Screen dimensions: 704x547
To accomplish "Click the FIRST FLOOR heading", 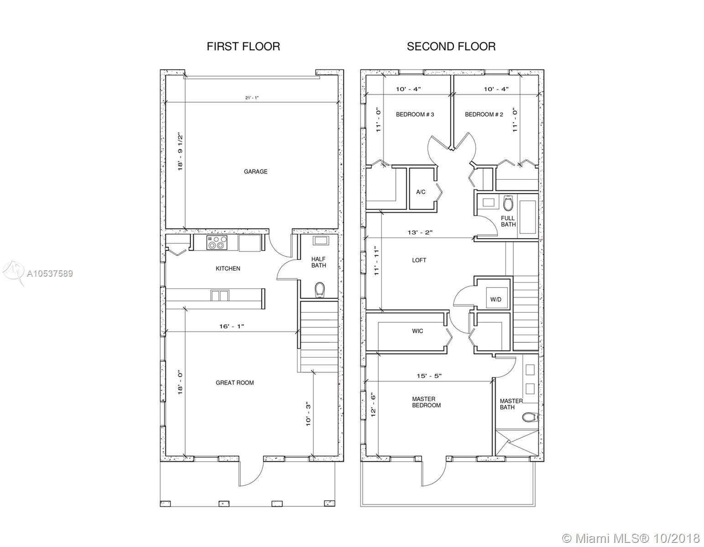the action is coord(243,46).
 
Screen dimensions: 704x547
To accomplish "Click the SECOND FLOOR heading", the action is coord(451,46).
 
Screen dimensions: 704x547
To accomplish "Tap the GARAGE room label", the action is coord(256,171).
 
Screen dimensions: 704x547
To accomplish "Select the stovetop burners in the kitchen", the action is coord(217,243).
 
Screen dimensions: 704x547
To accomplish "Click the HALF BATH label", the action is coord(318,262).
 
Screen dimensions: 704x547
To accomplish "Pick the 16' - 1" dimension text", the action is coord(232,326).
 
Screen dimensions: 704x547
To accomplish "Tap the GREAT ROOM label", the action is coord(235,382).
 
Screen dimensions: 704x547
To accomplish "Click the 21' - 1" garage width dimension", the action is coord(252,98).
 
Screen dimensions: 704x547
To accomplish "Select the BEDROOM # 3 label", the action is coord(415,114).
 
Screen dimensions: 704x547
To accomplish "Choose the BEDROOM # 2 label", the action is coord(484,114).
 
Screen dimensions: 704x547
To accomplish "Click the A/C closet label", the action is coord(421,192).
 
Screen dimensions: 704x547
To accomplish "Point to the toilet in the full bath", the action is coord(508,203).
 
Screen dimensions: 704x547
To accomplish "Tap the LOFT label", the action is coord(419,260).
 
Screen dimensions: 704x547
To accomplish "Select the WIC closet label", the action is coord(417,331).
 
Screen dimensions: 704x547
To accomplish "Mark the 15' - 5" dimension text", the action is coord(429,376).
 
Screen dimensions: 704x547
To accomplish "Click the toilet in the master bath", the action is coord(529,417).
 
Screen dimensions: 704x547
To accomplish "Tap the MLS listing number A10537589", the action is coord(50,274).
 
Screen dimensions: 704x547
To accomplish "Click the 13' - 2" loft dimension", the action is coord(420,232).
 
